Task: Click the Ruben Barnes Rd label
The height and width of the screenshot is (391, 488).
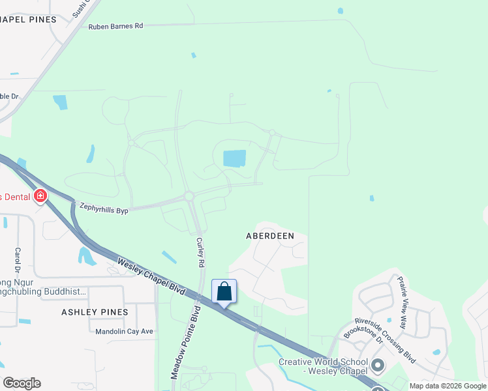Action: (x=115, y=26)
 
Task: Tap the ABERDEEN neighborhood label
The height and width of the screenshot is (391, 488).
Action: (x=270, y=235)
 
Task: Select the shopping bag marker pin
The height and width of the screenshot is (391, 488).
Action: (x=224, y=293)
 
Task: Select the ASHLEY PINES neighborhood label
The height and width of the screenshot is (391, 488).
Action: (x=95, y=312)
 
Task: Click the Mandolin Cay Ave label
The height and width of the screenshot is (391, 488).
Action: (x=124, y=331)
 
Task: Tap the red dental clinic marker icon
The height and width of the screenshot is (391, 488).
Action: (x=40, y=195)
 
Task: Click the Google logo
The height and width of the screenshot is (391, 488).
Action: (x=22, y=383)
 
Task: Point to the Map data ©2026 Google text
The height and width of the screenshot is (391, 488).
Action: (x=448, y=386)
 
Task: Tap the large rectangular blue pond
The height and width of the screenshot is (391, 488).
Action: (x=235, y=158)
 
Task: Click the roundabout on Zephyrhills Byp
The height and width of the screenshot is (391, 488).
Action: (x=189, y=196)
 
